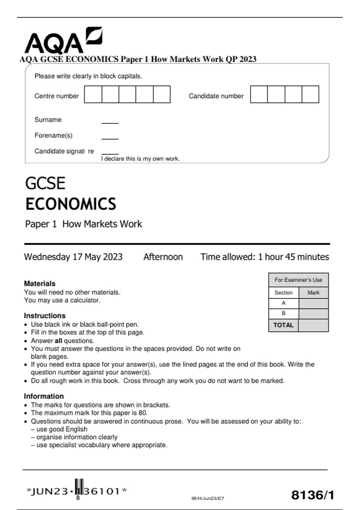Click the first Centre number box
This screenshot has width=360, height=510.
93,94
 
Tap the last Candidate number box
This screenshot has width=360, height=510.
310,94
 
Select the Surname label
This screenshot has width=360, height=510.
48,120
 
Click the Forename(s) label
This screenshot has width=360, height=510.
53,136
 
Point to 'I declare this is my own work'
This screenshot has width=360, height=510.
140,159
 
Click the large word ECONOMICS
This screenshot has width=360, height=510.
70,204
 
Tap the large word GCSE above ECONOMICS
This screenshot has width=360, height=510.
45,183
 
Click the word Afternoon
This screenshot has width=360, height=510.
163,257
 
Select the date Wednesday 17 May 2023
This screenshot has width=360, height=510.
73,257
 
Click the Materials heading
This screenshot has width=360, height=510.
40,283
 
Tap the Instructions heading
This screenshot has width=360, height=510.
45,316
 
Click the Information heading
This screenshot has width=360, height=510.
44,396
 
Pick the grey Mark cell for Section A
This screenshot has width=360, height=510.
313,303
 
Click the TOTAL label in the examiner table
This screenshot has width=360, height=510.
283,325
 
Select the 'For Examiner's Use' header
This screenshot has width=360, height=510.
298,280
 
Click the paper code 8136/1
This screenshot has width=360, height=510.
313,495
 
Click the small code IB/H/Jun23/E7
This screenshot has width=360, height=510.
208,498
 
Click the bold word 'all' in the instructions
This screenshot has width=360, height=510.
58,341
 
